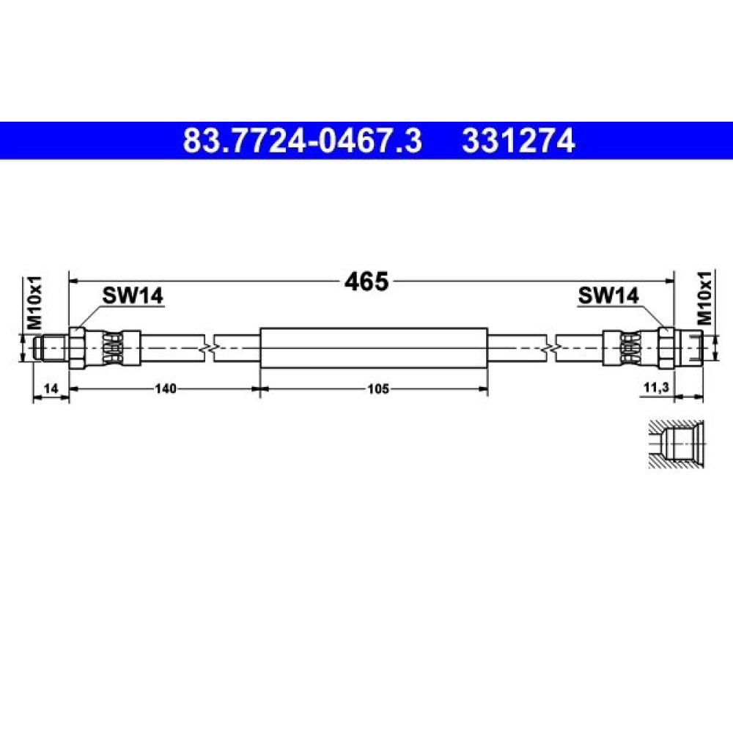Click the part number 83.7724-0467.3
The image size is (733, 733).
(303, 141)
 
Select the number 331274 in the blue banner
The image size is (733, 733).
(518, 141)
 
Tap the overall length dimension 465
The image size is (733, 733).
(366, 281)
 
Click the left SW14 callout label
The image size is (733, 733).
(133, 295)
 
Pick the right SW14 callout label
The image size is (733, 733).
(608, 295)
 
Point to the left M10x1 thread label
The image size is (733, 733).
(34, 302)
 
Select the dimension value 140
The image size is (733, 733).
(166, 388)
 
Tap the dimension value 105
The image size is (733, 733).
(377, 388)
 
